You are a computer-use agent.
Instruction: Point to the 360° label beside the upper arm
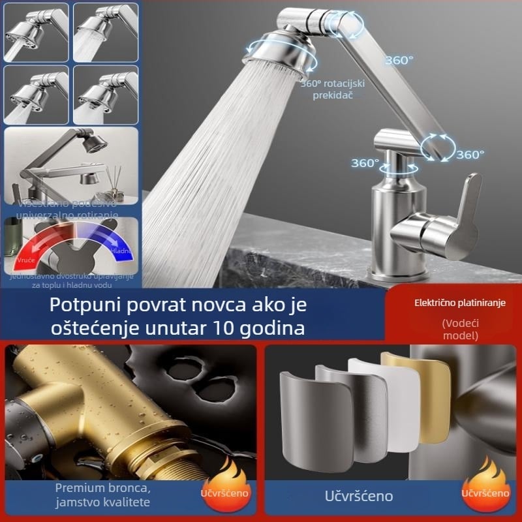tap(398, 60)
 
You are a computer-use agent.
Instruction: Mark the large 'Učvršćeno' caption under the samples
tap(359, 495)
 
